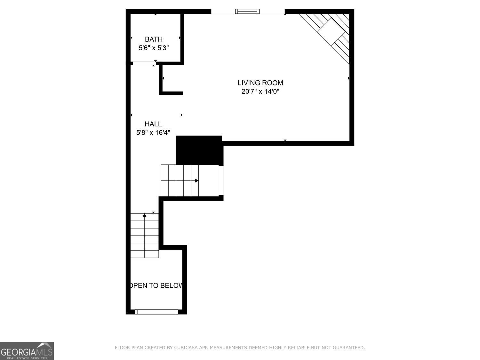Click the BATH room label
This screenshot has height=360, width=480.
[x=154, y=39]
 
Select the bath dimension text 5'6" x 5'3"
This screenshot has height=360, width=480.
[x=154, y=48]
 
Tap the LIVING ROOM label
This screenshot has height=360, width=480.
[x=260, y=83]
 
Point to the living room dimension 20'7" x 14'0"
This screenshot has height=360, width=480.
[x=260, y=92]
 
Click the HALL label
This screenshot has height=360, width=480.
[x=153, y=124]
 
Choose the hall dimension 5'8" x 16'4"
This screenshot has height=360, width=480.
[x=153, y=132]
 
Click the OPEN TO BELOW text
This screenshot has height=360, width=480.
[x=156, y=285]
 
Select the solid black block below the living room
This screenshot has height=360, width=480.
[x=199, y=150]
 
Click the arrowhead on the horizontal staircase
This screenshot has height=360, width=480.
[x=197, y=181]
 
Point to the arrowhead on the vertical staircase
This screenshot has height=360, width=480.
[x=145, y=215]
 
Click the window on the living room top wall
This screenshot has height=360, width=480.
[x=247, y=12]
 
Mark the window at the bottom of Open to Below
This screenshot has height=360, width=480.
[x=156, y=312]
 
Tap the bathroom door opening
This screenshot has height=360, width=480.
[x=143, y=63]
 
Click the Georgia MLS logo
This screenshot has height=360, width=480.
[x=27, y=351]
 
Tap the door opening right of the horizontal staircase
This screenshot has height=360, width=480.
[x=221, y=180]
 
